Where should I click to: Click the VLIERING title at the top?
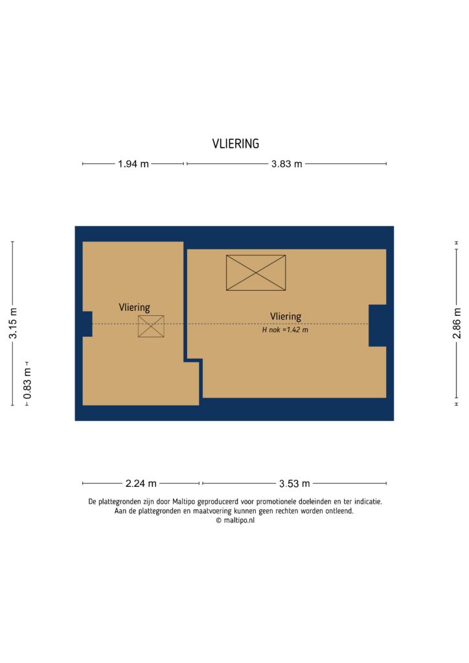pyautogui.click(x=235, y=144)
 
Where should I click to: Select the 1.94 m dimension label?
pyautogui.click(x=133, y=164)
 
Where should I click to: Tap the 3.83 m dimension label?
pyautogui.click(x=286, y=164)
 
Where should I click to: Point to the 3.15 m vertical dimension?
pyautogui.click(x=13, y=323)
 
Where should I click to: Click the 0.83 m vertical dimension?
pyautogui.click(x=27, y=382)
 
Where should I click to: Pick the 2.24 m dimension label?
pyautogui.click(x=141, y=483)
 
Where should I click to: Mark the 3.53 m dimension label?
pyautogui.click(x=294, y=483)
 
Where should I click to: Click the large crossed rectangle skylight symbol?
pyautogui.click(x=255, y=273)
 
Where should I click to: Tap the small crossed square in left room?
pyautogui.click(x=151, y=326)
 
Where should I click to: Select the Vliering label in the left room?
pyautogui.click(x=134, y=308)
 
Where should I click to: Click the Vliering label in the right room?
pyautogui.click(x=286, y=316)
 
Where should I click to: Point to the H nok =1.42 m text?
pyautogui.click(x=284, y=330)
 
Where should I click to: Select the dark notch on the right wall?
pyautogui.click(x=377, y=325)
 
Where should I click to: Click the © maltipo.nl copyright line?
pyautogui.click(x=235, y=520)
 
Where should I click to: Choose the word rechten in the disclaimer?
pyautogui.click(x=279, y=511)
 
